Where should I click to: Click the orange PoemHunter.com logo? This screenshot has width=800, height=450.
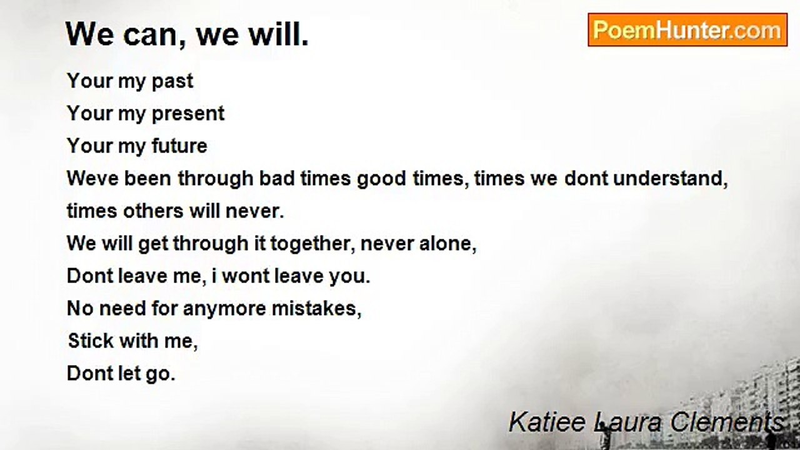(x=687, y=30)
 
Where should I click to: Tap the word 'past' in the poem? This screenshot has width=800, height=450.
(x=172, y=82)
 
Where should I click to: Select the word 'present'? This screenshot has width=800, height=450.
(x=188, y=114)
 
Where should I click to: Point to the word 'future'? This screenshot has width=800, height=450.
(x=179, y=146)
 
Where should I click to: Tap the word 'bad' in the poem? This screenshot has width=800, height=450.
(x=277, y=178)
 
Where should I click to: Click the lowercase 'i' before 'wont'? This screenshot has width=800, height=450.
(x=214, y=276)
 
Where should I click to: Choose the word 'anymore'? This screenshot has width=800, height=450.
(x=224, y=309)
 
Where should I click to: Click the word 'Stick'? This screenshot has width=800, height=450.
(x=91, y=341)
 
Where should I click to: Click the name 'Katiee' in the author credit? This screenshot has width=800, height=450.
(x=547, y=422)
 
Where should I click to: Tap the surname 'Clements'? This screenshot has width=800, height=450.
(x=727, y=422)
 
